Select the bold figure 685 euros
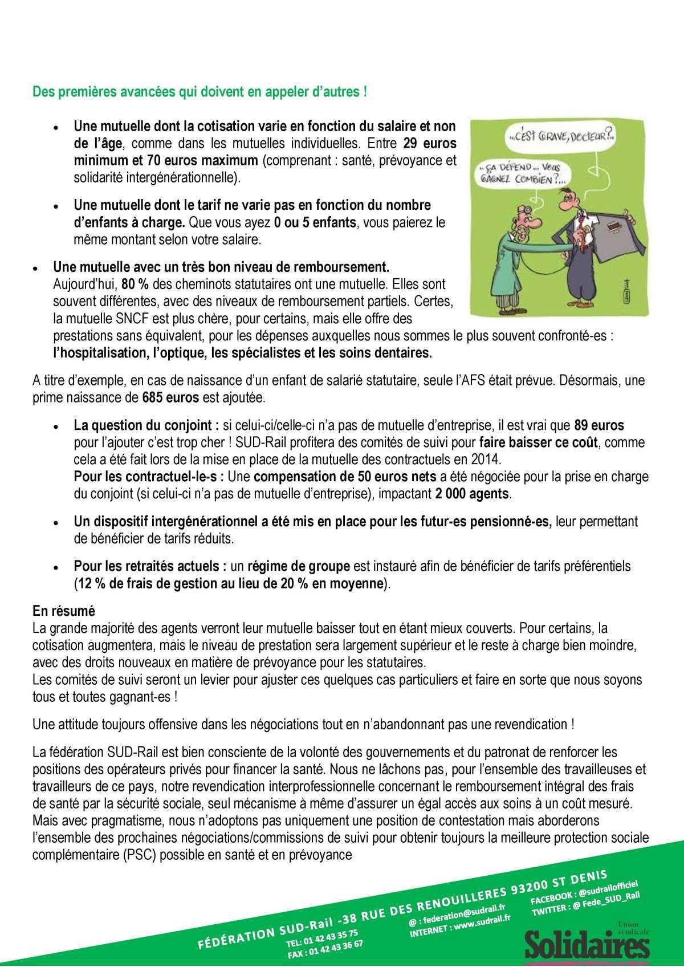(164, 397)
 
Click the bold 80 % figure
(131, 283)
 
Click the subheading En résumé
(63, 611)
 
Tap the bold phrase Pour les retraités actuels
(150, 567)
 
